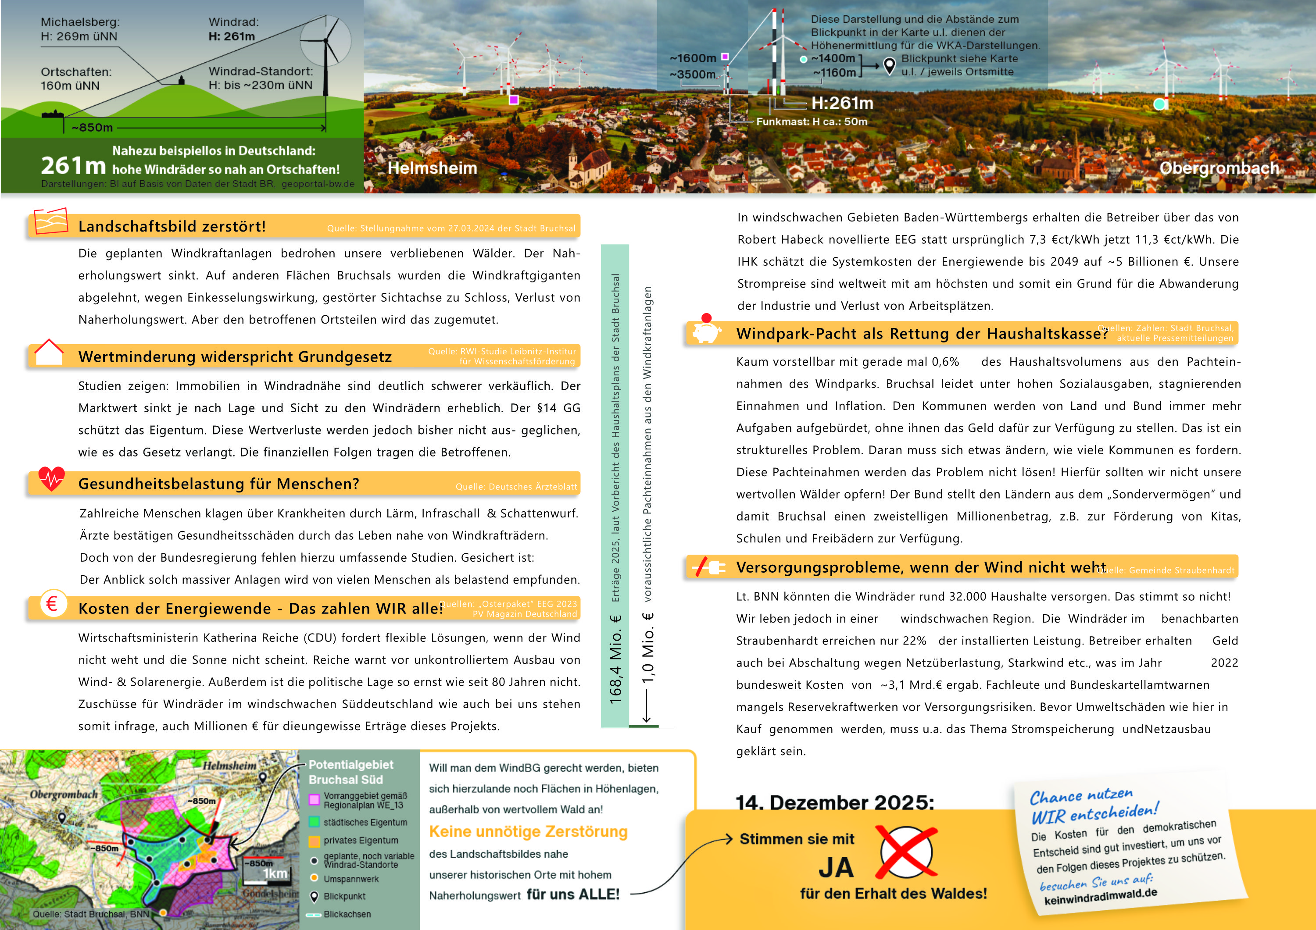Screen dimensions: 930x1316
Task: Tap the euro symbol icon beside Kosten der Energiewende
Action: pos(52,603)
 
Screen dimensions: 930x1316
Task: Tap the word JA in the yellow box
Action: pos(836,868)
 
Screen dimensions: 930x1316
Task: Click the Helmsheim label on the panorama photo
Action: pos(432,168)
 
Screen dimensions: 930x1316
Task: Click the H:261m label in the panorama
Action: pos(842,103)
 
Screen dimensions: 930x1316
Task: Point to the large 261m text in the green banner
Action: pos(73,166)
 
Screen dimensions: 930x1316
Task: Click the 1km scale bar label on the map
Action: pos(275,873)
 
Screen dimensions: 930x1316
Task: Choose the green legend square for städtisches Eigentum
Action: pos(314,822)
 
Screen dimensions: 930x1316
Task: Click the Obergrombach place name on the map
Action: pos(64,795)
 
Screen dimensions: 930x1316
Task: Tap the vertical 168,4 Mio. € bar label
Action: pos(615,659)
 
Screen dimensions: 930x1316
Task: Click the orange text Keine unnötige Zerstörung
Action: pos(528,831)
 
